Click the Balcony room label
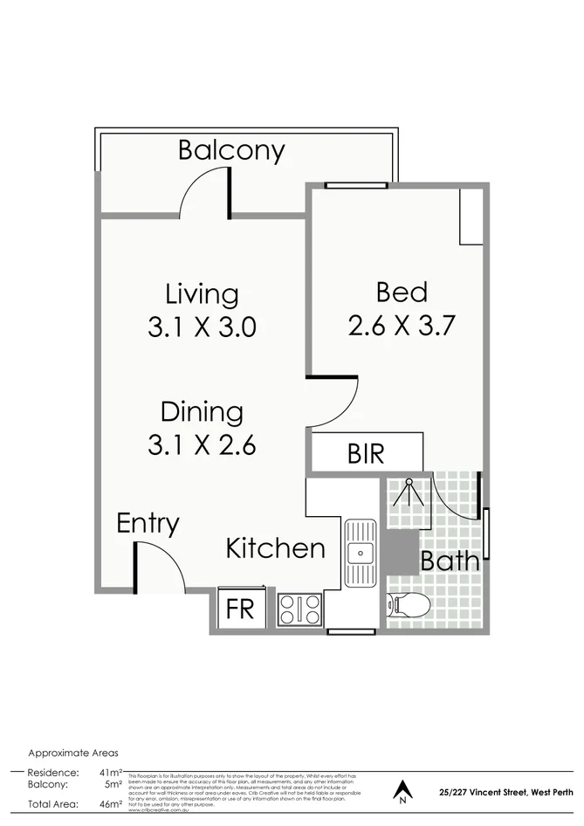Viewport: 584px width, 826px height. pyautogui.click(x=231, y=150)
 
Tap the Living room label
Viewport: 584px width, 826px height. pyautogui.click(x=202, y=294)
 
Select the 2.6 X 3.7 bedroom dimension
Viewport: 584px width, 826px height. pyautogui.click(x=402, y=326)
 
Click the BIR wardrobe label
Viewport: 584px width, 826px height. pyautogui.click(x=365, y=454)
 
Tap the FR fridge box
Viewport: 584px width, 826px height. pyautogui.click(x=239, y=608)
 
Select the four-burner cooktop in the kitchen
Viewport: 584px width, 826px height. pyautogui.click(x=299, y=609)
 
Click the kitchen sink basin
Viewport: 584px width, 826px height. pyautogui.click(x=359, y=552)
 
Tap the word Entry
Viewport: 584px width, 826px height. pyautogui.click(x=148, y=523)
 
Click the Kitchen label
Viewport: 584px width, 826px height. pyautogui.click(x=275, y=548)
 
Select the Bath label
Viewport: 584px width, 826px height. pyautogui.click(x=450, y=561)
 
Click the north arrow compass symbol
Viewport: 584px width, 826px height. pyautogui.click(x=402, y=789)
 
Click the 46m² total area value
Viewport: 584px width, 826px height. pyautogui.click(x=109, y=804)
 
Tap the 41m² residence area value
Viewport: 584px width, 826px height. pyautogui.click(x=109, y=773)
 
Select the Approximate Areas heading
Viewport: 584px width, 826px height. pyautogui.click(x=73, y=753)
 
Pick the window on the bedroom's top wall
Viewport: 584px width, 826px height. pyautogui.click(x=355, y=185)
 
